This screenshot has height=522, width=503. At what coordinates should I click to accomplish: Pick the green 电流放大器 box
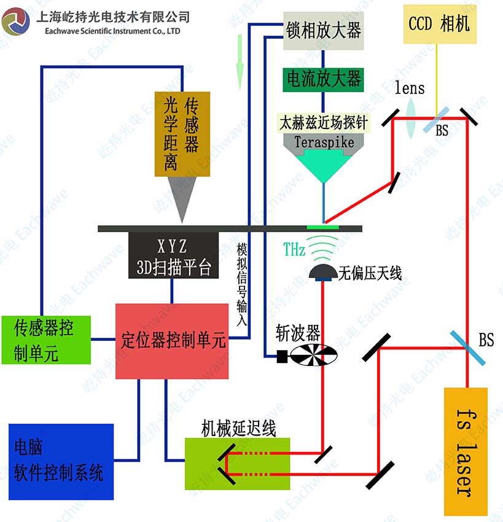tap(322, 79)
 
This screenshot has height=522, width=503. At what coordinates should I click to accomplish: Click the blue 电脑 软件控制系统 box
tap(61, 461)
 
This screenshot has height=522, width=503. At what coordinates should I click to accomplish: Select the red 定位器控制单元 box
tap(171, 341)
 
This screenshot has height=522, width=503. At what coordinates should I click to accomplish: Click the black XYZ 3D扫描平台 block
tap(174, 257)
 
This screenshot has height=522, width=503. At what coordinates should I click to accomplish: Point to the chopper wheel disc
tap(314, 355)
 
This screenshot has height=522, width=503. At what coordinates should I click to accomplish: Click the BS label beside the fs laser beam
tap(486, 339)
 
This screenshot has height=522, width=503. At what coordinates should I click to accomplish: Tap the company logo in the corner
tap(15, 22)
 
